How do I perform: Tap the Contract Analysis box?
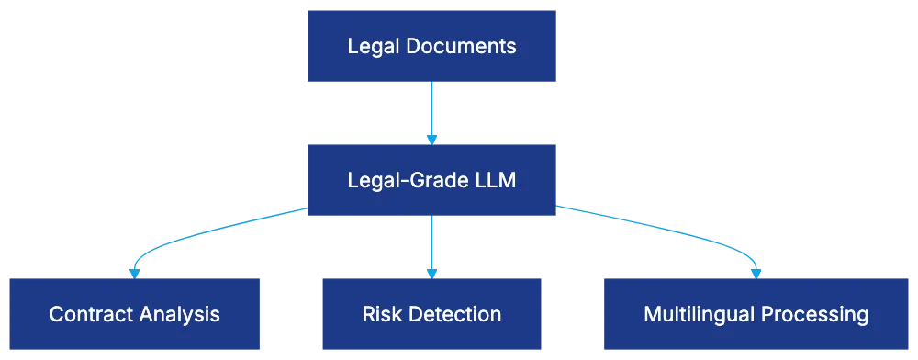point(135,314)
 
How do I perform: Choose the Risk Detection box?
point(431,314)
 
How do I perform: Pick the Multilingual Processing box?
point(756,314)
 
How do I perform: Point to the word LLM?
point(495,180)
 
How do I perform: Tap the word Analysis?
point(179,314)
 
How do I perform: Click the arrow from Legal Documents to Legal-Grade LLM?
point(431,110)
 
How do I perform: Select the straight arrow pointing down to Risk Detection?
point(431,243)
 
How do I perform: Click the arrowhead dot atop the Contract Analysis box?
point(134,272)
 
